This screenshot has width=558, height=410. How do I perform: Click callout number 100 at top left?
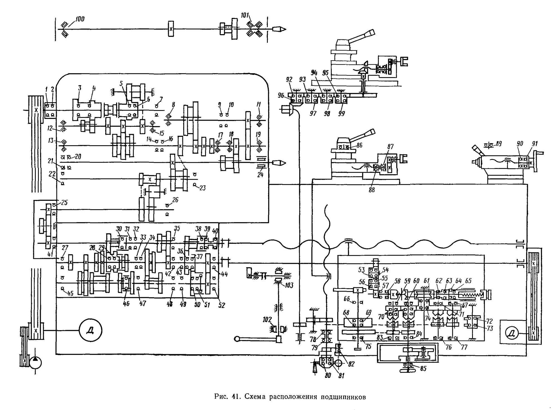point(80,19)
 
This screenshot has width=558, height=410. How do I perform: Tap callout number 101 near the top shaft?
point(245,15)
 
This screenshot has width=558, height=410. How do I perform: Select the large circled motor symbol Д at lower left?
point(90,331)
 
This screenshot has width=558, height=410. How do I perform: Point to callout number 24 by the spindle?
point(260,175)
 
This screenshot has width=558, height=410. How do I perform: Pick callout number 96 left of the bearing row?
point(281,96)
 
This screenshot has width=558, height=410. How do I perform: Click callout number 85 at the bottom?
point(423,369)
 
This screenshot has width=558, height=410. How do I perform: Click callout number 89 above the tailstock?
point(499,144)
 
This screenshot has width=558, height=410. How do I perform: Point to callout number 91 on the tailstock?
point(535,144)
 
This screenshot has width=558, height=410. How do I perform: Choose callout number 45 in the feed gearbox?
point(70,294)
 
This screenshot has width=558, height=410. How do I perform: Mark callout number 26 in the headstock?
point(175,200)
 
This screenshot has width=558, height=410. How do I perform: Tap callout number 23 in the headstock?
point(202,188)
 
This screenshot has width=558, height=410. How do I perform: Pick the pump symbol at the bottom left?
point(35,363)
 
